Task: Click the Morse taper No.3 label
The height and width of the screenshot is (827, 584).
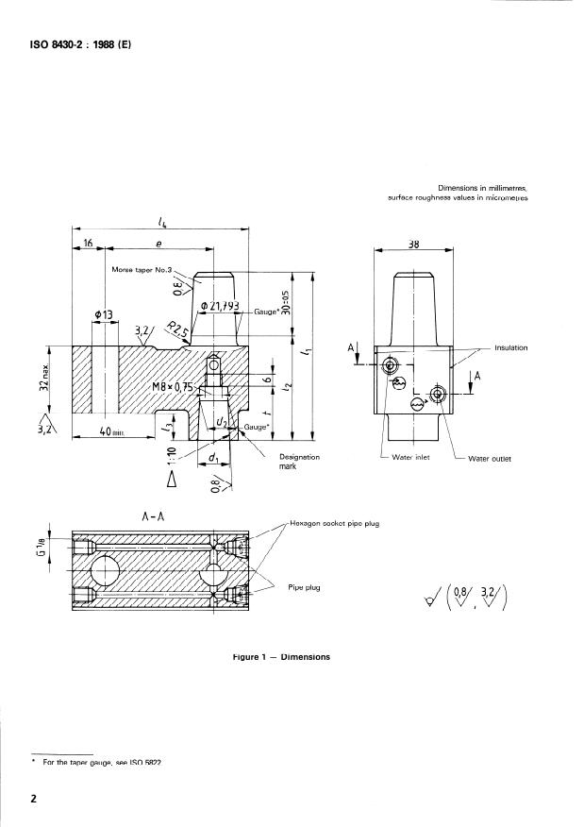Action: pos(145,270)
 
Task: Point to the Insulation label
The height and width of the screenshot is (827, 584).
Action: pos(510,348)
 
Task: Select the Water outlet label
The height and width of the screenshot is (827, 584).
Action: pos(489,459)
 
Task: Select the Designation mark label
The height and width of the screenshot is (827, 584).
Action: pos(299,462)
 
